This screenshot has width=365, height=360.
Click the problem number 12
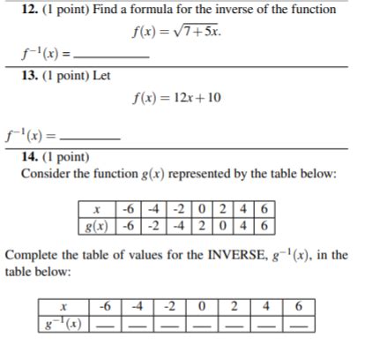pos(29,10)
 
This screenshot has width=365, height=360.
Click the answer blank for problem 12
pos(114,57)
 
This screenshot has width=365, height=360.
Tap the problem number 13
pos(29,76)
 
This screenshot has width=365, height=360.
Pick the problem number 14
pos(29,157)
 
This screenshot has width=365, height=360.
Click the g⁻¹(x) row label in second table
pos(64,324)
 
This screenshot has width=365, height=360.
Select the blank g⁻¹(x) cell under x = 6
pos(300,324)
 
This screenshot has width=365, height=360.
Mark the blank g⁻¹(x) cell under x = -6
pos(107,324)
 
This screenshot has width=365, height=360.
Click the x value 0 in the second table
pos(203,307)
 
